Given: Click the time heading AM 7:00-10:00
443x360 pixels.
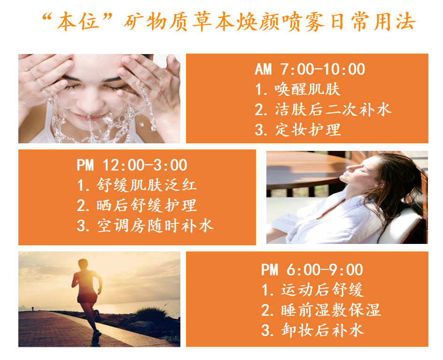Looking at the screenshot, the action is [310, 69].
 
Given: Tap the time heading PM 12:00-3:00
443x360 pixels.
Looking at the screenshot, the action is [132, 165].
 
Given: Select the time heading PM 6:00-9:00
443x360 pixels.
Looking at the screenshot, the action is [312, 270].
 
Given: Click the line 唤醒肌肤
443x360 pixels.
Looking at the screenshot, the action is [297, 89].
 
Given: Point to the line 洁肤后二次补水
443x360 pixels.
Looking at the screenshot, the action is [323, 110].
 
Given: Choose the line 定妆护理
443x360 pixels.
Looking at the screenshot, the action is [297, 130].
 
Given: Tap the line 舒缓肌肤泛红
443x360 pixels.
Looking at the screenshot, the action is [137, 185].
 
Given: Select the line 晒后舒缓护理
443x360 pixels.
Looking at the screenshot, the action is [137, 205].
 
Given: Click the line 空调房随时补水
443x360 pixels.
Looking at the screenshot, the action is [145, 226].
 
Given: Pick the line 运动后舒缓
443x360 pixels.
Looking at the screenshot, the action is [312, 290].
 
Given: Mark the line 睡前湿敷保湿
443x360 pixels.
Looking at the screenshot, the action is [321, 310].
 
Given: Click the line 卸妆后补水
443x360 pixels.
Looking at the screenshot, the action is [312, 330].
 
